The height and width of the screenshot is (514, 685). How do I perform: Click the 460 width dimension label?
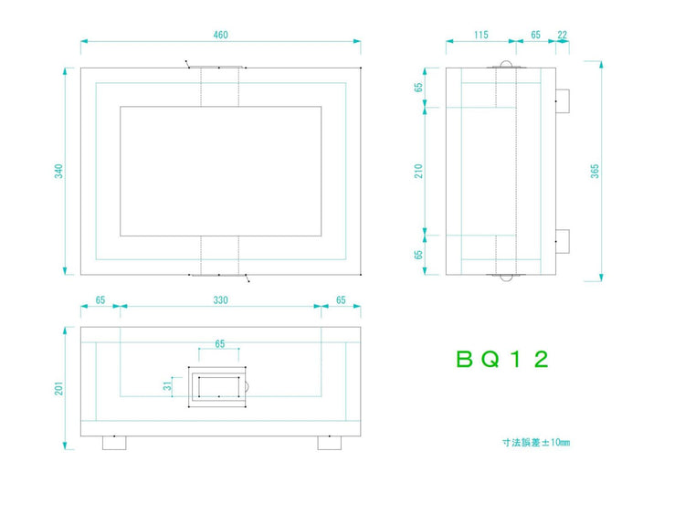[x=221, y=35]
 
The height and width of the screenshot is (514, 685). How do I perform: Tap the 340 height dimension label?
[x=58, y=172]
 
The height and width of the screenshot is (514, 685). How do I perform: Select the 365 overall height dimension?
[x=595, y=172]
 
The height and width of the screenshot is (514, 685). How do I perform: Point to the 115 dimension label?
[x=481, y=35]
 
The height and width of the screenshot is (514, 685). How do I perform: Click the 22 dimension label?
[x=563, y=35]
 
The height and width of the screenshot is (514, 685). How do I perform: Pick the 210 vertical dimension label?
[x=419, y=172]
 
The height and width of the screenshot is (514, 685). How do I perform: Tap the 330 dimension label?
[x=221, y=300]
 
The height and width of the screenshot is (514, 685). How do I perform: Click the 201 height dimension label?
[x=58, y=389]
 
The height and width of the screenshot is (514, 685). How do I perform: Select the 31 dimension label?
[x=167, y=386]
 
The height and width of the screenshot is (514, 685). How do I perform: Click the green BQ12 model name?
[x=502, y=360]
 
